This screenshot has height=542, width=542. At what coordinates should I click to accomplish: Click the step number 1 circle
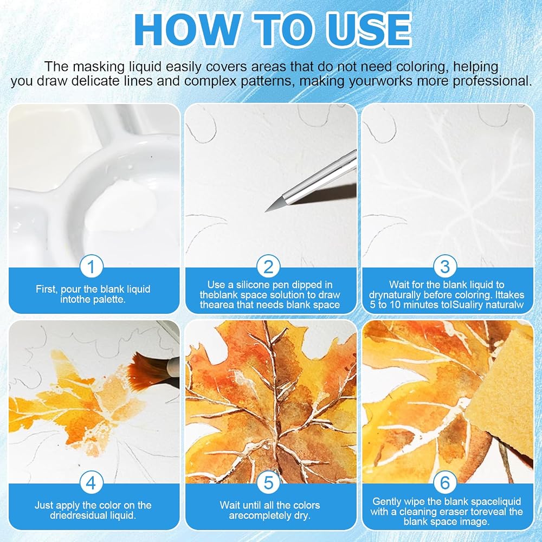point(91,266)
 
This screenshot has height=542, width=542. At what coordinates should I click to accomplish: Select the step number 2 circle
point(269,266)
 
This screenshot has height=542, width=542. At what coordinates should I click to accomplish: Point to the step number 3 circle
point(445,266)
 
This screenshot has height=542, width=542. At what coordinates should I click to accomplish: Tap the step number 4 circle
point(91,482)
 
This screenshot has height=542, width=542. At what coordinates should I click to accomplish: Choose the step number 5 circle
point(269,482)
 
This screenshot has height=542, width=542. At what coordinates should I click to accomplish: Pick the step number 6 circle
point(445,482)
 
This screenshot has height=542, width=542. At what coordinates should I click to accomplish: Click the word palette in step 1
point(109,299)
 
